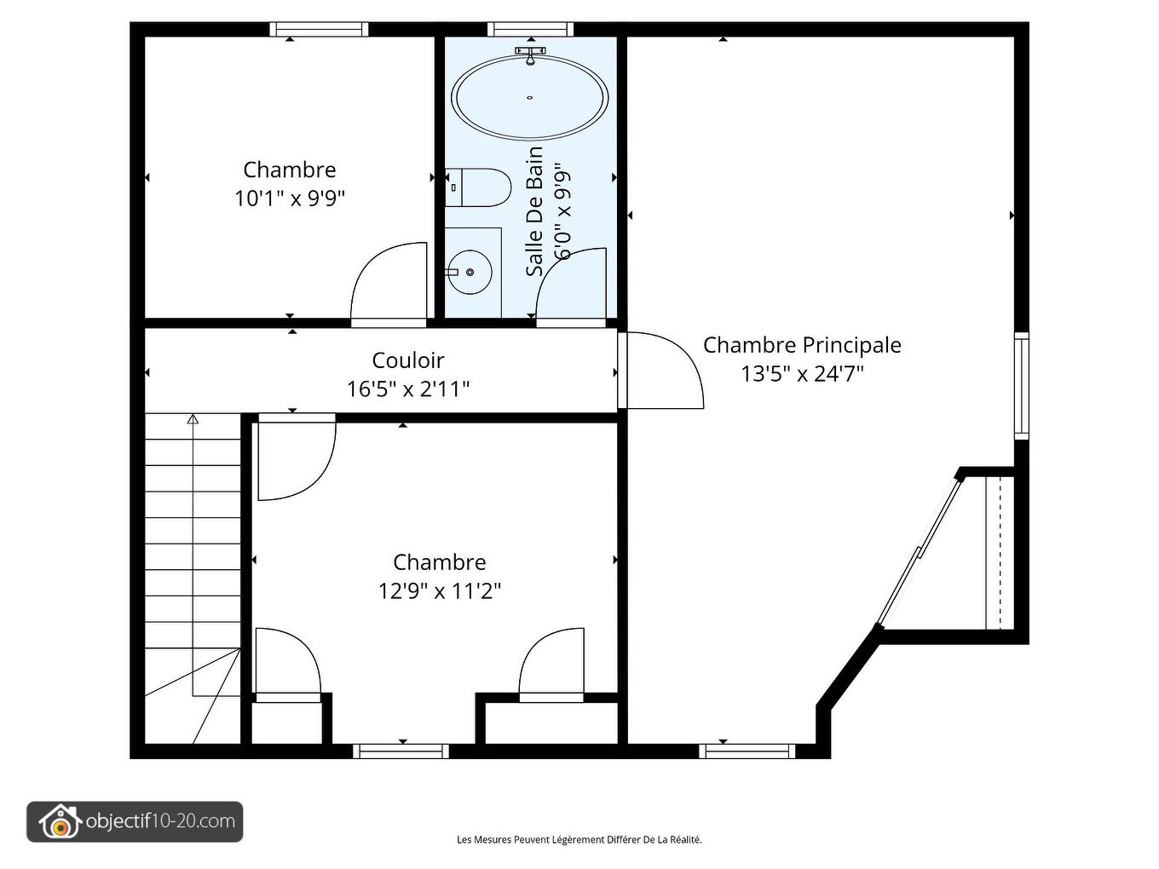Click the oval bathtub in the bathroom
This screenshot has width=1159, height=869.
(529, 98)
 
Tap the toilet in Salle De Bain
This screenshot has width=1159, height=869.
(478, 187)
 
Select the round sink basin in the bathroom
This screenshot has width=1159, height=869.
(470, 273)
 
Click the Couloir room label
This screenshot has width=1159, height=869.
(407, 361)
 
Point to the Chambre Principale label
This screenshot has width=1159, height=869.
(802, 345)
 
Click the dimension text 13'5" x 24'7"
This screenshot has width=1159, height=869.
(802, 374)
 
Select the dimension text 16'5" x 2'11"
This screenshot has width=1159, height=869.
(407, 389)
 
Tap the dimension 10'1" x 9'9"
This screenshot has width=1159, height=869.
(290, 199)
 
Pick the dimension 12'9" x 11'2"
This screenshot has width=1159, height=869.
(439, 591)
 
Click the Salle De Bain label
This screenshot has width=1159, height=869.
(534, 211)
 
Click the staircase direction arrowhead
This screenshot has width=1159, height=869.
(193, 419)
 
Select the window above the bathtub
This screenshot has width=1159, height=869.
(530, 29)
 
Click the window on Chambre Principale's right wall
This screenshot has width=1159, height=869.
(1022, 386)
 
